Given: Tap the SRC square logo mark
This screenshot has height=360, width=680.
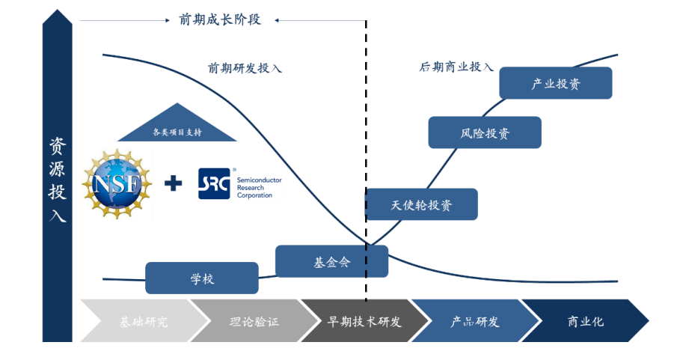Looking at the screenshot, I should pos(214,183).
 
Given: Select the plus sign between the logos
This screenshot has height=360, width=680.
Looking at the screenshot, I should pos(173,182).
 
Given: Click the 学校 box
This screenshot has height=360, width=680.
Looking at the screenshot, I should pos(202,278).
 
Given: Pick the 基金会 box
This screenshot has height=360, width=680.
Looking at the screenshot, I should pos(331,262).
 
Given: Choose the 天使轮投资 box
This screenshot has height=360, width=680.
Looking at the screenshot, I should pos(421,204).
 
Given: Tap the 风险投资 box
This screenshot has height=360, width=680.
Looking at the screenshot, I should pos(485,133).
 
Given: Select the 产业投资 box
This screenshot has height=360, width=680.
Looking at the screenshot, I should pos(555,83).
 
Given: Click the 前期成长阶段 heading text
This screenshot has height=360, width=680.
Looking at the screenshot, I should pos(220,20).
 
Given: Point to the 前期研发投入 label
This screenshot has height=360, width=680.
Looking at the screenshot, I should pos(245,68).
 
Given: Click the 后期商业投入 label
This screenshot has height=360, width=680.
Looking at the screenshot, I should pos(456,67).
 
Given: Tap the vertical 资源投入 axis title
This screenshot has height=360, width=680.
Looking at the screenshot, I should pos(58,180).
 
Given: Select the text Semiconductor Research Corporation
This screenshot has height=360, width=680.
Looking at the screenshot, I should pos(254,183).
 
